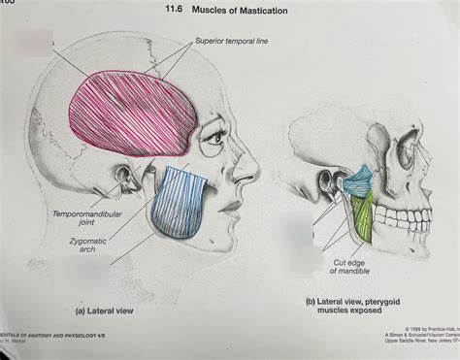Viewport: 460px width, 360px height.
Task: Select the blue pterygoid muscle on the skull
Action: [x=358, y=178]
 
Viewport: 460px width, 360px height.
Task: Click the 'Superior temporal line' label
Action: [x=232, y=42]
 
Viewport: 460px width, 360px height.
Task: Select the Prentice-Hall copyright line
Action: [x=420, y=329]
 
